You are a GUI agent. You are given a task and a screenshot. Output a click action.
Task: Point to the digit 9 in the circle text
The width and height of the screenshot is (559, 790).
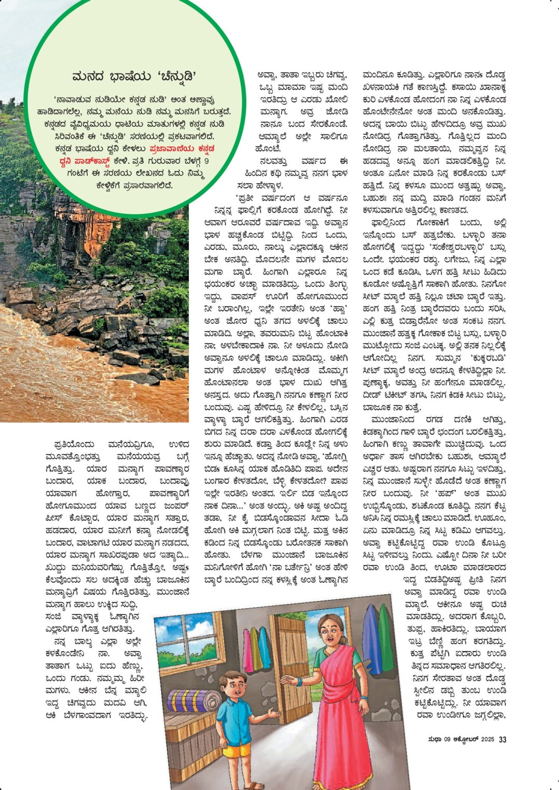206,161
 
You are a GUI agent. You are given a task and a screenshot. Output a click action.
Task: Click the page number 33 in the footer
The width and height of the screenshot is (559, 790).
502,739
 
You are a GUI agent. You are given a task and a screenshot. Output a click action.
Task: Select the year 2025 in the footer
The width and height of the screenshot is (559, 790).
487,739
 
